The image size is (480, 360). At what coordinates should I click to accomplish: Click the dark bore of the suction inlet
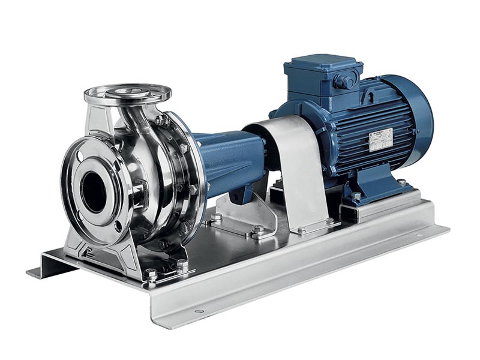point(93,191)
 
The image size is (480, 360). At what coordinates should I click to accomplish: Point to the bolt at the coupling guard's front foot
point(301,230)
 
